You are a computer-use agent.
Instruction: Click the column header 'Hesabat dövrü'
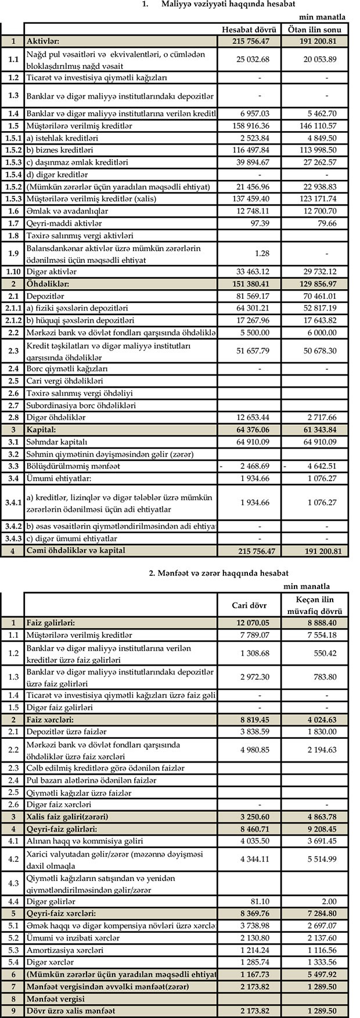click(x=248, y=30)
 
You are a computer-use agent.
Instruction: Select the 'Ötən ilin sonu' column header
click(x=315, y=30)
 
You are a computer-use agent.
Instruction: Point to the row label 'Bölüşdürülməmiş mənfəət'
click(x=74, y=465)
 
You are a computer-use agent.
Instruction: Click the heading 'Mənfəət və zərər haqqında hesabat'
click(x=219, y=573)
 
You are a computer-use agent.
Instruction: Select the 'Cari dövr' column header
click(x=250, y=605)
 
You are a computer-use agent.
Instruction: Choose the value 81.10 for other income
click(x=260, y=901)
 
